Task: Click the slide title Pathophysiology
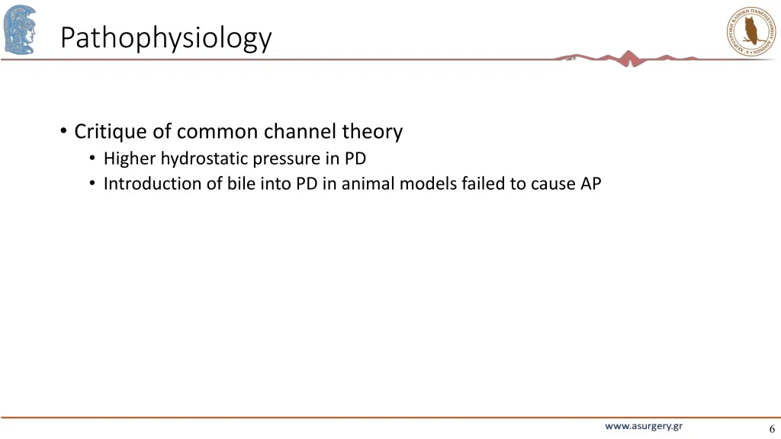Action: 166,37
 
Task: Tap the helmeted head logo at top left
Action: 19,29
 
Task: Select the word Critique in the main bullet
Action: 111,132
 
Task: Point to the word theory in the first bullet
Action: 372,132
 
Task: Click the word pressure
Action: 287,159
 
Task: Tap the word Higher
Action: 130,159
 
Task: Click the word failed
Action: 483,184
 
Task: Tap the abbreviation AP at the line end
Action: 590,184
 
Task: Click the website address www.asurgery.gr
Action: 644,427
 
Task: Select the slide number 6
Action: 772,428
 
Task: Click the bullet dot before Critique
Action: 63,132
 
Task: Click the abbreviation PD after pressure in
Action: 355,159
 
